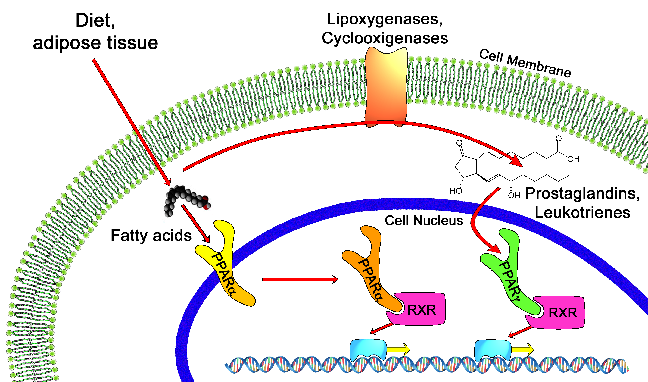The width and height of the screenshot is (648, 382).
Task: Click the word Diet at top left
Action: tap(95, 21)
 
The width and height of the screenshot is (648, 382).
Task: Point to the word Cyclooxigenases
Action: tap(385, 38)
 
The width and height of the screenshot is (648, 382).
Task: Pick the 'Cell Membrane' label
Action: tap(525, 63)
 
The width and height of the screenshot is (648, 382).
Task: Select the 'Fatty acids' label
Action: tap(151, 235)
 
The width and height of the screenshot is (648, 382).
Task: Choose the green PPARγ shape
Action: tap(511, 273)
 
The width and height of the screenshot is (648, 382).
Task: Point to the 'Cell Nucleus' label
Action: tap(424, 221)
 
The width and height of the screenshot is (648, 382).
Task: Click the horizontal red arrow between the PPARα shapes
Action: tap(300, 279)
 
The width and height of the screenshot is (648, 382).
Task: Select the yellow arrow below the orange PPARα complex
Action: tap(398, 349)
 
